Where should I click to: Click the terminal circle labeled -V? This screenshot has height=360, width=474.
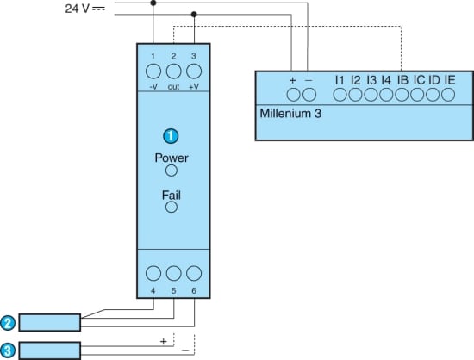pyautogui.click(x=153, y=71)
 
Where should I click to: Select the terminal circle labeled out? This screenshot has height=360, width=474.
pyautogui.click(x=173, y=71)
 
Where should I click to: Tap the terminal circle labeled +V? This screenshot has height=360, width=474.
pyautogui.click(x=194, y=71)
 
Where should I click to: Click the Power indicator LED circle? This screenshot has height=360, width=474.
pyautogui.click(x=172, y=171)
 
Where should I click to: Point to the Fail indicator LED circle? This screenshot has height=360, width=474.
pyautogui.click(x=172, y=208)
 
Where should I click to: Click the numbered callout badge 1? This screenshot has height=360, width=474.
pyautogui.click(x=171, y=136)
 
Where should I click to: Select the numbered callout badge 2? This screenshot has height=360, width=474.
pyautogui.click(x=8, y=323)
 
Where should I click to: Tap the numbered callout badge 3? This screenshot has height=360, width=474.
pyautogui.click(x=8, y=351)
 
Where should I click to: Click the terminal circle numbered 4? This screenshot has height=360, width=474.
pyautogui.click(x=153, y=273)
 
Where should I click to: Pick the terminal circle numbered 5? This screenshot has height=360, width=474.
pyautogui.click(x=173, y=273)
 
